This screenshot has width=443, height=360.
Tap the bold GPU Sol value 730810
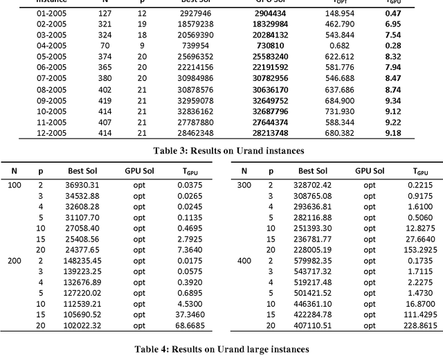266,45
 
